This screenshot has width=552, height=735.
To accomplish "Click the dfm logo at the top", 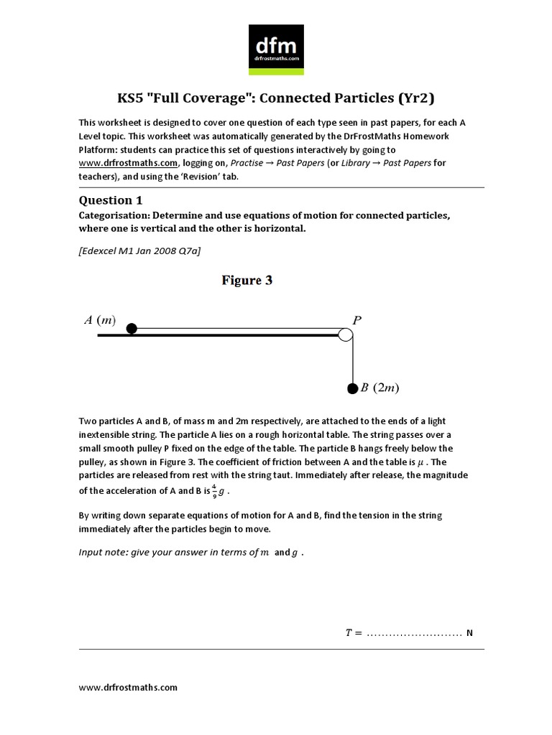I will tap(275, 48).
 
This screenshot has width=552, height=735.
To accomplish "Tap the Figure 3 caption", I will tap(246, 281).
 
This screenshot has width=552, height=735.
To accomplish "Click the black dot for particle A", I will tap(132, 329).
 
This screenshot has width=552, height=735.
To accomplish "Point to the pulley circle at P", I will tap(346, 334).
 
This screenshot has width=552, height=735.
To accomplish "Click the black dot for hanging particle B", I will tap(352, 389).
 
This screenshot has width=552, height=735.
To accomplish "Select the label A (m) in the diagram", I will tap(100, 321).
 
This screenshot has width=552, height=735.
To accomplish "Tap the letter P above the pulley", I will tap(356, 320).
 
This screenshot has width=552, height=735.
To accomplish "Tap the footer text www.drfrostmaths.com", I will tap(128, 687).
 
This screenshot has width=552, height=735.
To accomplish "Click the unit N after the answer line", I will tap(469, 633).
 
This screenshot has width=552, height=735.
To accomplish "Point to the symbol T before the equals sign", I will tap(349, 633).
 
